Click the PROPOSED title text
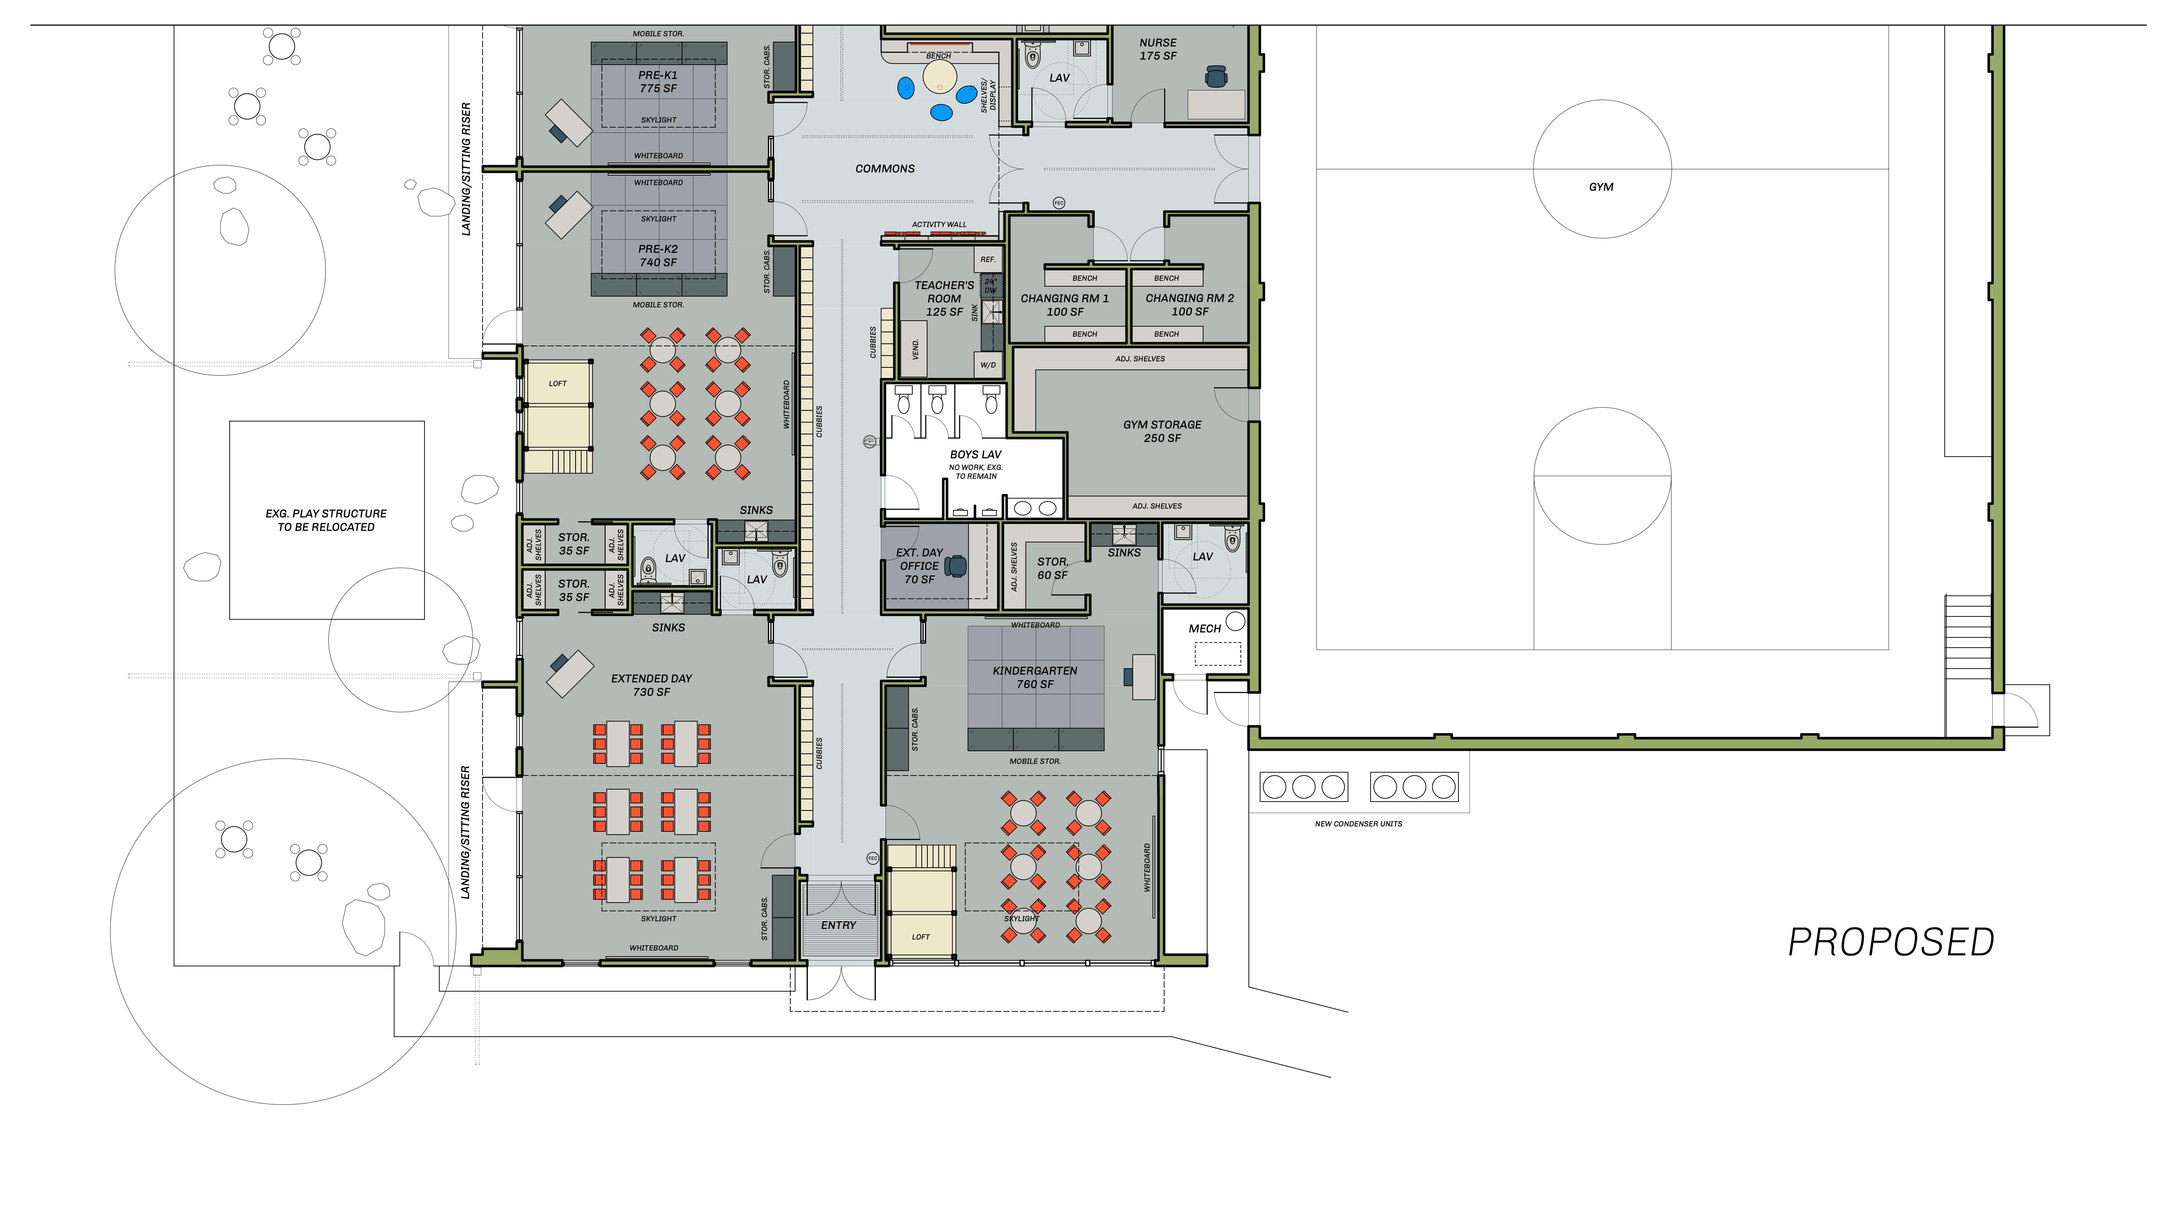point(1891,942)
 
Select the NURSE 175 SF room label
point(1158,49)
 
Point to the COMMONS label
point(885,169)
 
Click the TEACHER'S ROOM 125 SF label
point(944,298)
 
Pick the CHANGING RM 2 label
point(1190,298)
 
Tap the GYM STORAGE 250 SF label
point(1162,431)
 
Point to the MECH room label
point(1204,629)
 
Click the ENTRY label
point(838,925)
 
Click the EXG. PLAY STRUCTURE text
point(326,514)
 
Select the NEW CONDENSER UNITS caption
point(1358,824)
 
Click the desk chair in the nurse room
point(1215,77)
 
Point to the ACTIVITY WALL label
point(939,225)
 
